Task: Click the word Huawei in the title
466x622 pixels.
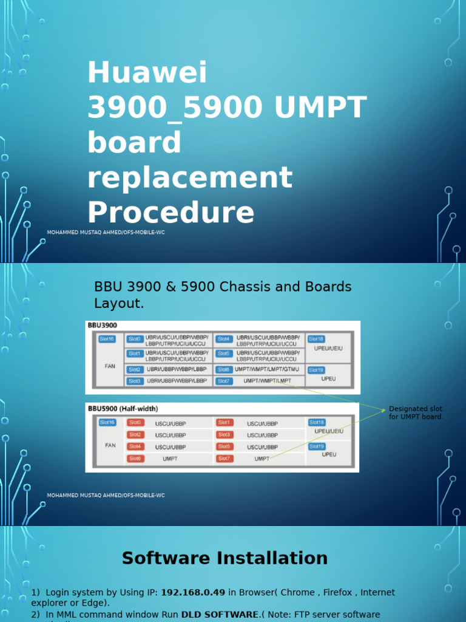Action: click(147, 73)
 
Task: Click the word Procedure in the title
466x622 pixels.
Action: click(171, 213)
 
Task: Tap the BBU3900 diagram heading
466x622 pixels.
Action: click(103, 325)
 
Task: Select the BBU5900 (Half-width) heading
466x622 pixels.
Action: click(123, 408)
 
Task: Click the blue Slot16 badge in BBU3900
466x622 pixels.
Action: click(107, 339)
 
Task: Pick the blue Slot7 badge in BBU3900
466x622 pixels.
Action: click(223, 381)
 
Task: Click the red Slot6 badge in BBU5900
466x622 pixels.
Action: click(135, 459)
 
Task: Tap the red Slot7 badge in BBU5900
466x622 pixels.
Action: click(225, 459)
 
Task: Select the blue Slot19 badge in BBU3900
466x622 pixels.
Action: click(316, 369)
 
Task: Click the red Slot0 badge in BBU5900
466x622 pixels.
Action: click(135, 422)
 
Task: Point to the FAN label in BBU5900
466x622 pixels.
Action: click(110, 445)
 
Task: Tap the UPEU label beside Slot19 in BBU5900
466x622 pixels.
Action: click(329, 454)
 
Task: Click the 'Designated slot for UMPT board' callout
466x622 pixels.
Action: click(416, 413)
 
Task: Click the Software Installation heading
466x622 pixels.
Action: click(225, 558)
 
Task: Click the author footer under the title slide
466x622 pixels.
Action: click(106, 233)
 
